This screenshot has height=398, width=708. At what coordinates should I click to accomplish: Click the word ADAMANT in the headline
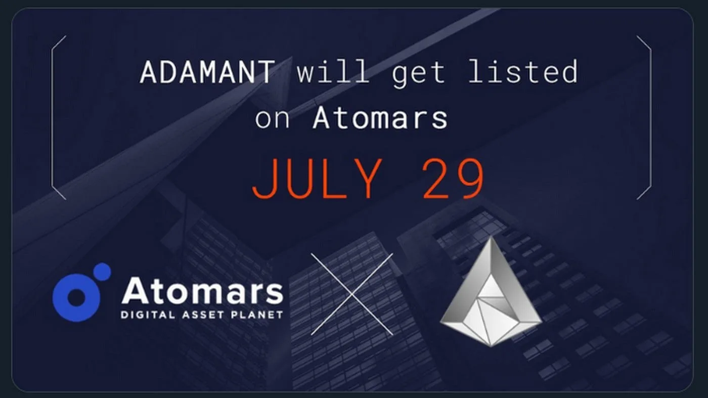point(207,72)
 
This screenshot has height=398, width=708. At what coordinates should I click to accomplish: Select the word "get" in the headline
point(419,74)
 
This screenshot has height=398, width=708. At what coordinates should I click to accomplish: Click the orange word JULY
point(317,179)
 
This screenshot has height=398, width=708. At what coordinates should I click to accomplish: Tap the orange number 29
point(453,179)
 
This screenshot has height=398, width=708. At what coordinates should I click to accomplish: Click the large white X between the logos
point(352,294)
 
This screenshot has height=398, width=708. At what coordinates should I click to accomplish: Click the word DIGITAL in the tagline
point(148,315)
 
